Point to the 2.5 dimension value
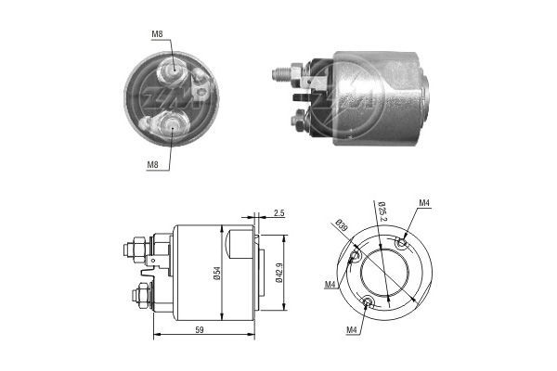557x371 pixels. coord(279,213)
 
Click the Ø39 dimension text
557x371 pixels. coord(342,225)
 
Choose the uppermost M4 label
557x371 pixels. coord(424,203)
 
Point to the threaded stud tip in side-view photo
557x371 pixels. coord(278,71)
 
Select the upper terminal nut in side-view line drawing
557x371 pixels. coord(134,248)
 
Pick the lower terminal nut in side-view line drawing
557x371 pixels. coord(139,297)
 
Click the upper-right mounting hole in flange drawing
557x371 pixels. coord(401,242)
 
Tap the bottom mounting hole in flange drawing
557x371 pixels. coord(369,301)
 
